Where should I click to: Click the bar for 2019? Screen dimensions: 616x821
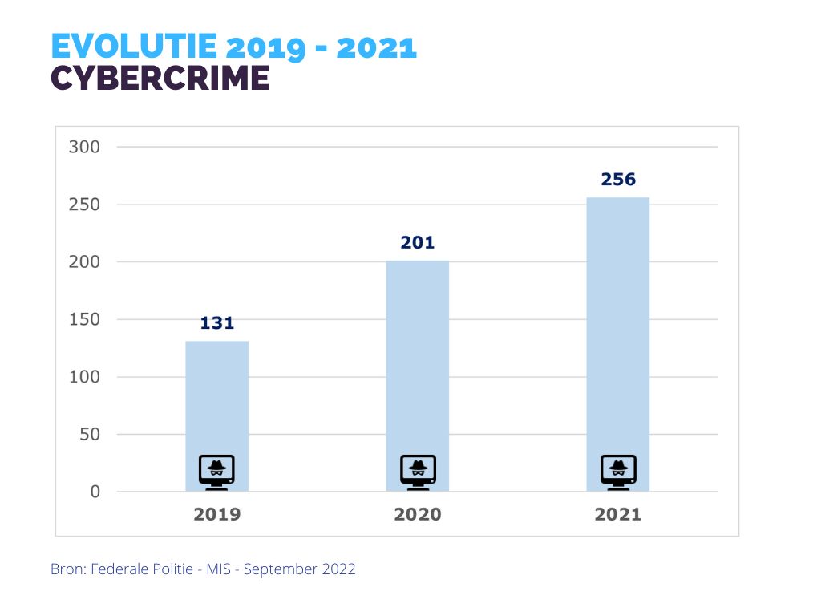[216, 401]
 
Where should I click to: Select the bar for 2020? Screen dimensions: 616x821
[417, 361]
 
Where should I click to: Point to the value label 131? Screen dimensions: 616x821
[216, 323]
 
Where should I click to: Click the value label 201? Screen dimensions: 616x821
[417, 242]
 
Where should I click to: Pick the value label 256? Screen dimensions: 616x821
[618, 180]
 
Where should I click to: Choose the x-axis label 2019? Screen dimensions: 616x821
[216, 514]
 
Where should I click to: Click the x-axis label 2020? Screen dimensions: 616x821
[417, 514]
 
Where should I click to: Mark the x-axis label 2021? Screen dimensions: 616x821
[617, 514]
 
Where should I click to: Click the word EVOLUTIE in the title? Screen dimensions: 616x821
[133, 47]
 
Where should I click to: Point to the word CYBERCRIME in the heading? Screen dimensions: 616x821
[160, 78]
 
